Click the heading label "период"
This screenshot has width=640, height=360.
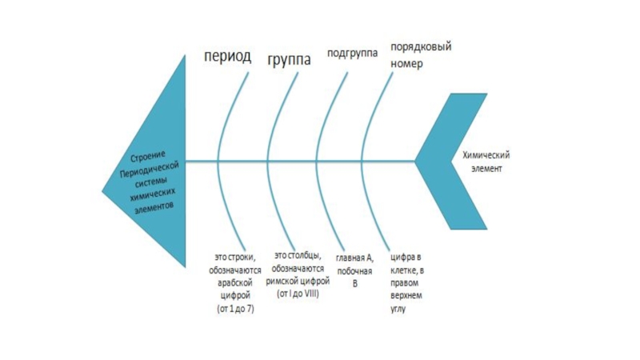pos(226,58)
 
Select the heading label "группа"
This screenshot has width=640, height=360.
pos(290,59)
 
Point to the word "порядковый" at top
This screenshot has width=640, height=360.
pos(421,47)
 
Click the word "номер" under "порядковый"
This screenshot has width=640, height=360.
pos(407,62)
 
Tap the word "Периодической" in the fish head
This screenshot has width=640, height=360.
pos(150,166)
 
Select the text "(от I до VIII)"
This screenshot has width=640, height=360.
pos(298,294)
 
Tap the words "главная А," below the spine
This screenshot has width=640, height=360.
pos(354,258)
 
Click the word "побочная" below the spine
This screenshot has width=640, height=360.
pos(354,271)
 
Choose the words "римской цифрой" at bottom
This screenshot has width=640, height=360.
pos(298,282)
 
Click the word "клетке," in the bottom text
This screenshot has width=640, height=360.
pos(404,270)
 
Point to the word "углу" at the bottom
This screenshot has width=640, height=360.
pos(399,308)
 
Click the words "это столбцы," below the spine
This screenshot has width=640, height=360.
pos(298,257)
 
